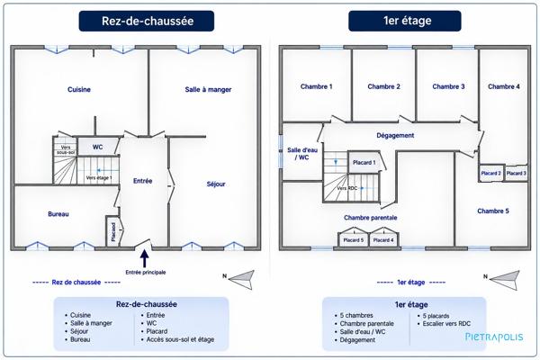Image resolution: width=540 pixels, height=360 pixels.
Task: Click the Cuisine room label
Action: click(79, 90)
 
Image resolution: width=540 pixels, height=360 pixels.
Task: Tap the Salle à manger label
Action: click(208, 90)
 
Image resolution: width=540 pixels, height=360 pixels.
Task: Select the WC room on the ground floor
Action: click(98, 147)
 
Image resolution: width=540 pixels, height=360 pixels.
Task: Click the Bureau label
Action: click(58, 214)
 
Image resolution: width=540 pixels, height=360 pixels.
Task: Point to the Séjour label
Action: click(216, 184)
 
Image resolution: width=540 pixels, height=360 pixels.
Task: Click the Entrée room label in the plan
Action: click(142, 181)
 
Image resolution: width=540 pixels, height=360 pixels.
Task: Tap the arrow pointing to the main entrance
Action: click(145, 258)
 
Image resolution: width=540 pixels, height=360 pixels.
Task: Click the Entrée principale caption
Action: click(145, 272)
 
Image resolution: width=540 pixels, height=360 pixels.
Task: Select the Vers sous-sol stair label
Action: click(66, 149)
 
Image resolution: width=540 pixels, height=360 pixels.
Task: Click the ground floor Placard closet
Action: click(112, 230)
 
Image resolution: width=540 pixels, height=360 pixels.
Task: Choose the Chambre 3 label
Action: click(448, 86)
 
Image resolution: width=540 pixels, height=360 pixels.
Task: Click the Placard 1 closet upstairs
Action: click(364, 162)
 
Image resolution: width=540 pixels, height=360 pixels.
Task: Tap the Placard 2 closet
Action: click(490, 173)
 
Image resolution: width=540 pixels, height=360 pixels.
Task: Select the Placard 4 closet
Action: click(383, 240)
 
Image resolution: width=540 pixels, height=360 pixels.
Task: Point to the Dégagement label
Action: click(395, 135)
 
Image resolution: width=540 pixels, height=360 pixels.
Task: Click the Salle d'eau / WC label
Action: click(302, 154)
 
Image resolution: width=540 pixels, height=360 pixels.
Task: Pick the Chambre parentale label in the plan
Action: click(370, 218)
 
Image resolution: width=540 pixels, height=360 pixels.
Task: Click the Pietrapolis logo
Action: click(494, 337)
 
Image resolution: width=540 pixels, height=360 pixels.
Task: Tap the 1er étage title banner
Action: click(405, 21)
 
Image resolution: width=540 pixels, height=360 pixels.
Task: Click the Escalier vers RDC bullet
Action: click(446, 323)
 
